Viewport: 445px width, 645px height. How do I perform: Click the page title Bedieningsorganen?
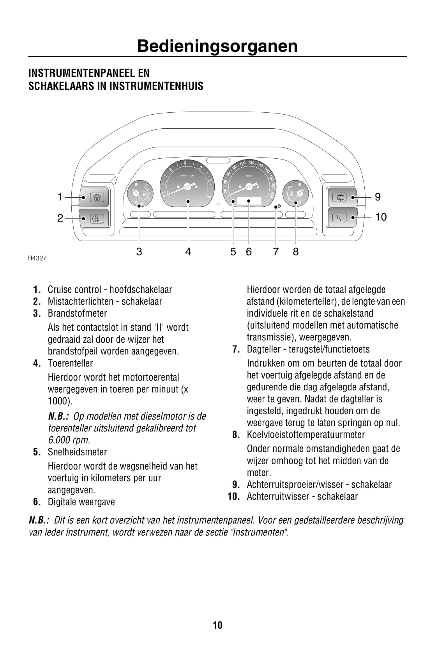pos(217,46)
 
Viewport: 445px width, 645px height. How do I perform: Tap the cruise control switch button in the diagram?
pos(94,197)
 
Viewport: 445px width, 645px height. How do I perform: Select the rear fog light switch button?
pos(94,218)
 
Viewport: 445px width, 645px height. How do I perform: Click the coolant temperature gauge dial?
pos(296,193)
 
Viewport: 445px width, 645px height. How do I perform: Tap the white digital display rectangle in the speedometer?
pos(249,201)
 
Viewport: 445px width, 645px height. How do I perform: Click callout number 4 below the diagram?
pos(188,252)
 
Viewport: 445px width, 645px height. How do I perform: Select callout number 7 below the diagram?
pos(276,252)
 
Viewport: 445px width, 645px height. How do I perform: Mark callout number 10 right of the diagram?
pos(381,217)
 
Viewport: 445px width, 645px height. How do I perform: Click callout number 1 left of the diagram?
pos(60,197)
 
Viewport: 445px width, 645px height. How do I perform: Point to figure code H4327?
pos(37,258)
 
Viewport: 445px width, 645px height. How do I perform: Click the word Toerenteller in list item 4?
pos(70,363)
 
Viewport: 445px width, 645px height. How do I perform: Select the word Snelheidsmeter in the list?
pos(77,452)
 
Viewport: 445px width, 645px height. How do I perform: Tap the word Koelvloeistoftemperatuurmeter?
pos(306,435)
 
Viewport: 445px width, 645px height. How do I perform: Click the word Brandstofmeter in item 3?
pos(77,314)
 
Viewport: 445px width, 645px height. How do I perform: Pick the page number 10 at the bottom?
pos(217,626)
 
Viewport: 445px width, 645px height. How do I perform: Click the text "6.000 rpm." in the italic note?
pos(69,440)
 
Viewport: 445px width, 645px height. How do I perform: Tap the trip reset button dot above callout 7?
pos(279,206)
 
